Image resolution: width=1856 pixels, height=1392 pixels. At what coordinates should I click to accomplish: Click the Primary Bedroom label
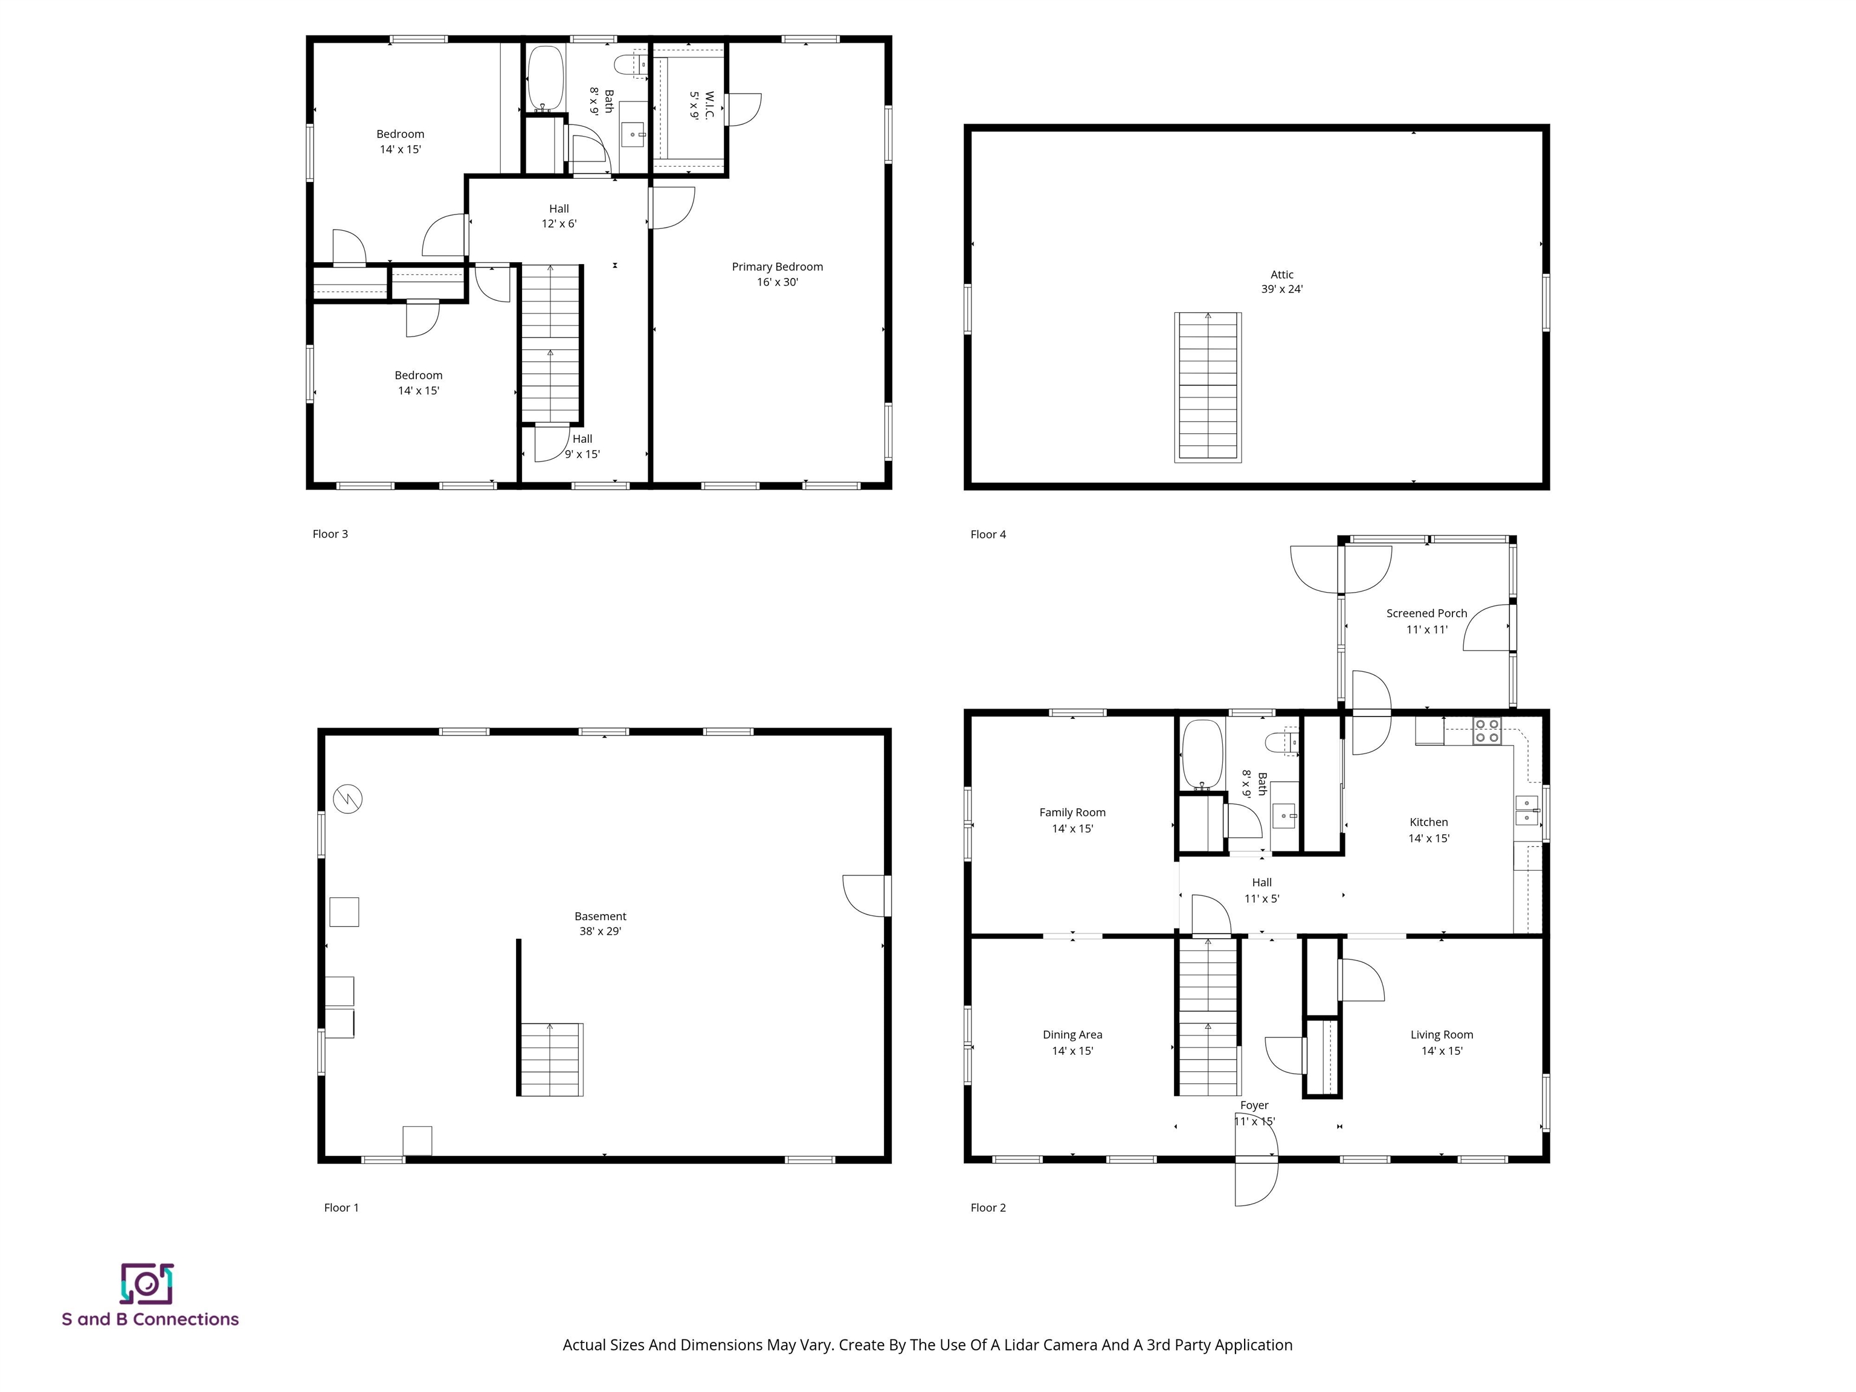tap(777, 274)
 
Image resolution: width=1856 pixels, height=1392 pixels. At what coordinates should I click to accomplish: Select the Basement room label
tap(600, 924)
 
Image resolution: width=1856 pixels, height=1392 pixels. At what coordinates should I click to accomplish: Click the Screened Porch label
tap(1426, 621)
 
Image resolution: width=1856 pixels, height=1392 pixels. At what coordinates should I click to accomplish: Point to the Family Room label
tap(1072, 820)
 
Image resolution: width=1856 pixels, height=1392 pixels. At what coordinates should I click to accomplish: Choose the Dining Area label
tap(1072, 1042)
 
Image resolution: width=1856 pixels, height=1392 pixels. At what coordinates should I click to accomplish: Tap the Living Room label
tap(1442, 1042)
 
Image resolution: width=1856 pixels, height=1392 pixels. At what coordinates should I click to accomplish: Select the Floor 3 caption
tap(330, 533)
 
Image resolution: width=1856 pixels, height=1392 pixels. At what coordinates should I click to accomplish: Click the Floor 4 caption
tap(988, 533)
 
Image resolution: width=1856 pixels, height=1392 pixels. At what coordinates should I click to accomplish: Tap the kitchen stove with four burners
tap(1487, 731)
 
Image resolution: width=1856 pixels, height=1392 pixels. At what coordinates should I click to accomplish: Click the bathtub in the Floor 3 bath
tap(546, 78)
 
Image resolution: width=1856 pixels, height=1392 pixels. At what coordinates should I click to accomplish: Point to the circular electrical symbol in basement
tap(347, 799)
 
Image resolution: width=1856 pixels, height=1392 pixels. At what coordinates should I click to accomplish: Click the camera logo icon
tap(147, 1284)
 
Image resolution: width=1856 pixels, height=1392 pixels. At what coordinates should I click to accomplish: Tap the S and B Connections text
tap(150, 1319)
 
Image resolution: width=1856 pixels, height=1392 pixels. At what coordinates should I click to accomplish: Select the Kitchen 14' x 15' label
tap(1428, 830)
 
